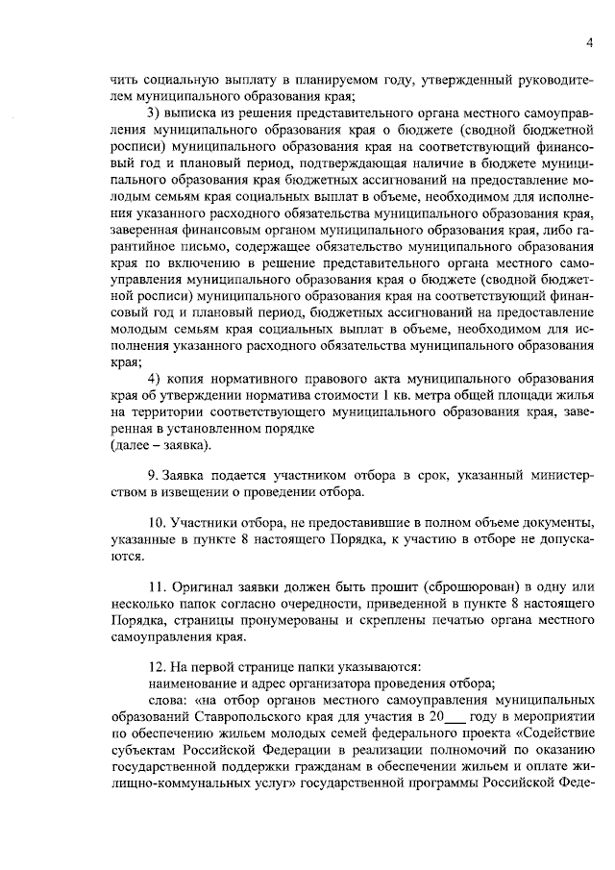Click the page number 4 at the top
(x=588, y=40)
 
